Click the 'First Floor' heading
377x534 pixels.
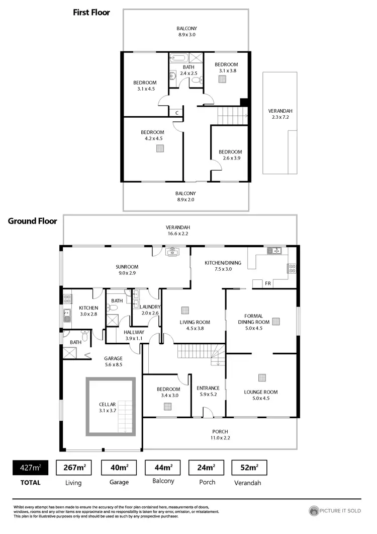(91, 12)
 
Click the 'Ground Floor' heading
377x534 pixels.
(32, 220)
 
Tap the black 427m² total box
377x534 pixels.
(30, 468)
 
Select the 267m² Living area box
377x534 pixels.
(73, 468)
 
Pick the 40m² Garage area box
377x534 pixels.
(119, 468)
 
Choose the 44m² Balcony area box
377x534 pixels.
(162, 468)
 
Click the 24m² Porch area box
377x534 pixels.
(206, 468)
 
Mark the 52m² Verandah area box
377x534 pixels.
(249, 468)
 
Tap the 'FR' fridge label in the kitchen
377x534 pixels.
(268, 284)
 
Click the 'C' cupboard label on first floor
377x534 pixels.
(177, 113)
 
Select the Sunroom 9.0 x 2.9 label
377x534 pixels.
(127, 270)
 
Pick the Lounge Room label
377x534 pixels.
(260, 395)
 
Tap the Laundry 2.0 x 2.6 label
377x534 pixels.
(150, 310)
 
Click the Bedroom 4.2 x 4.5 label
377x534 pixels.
(151, 135)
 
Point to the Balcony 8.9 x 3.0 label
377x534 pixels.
(186, 32)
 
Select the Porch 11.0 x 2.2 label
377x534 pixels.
(220, 435)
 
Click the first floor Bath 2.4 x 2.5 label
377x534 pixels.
(188, 70)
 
